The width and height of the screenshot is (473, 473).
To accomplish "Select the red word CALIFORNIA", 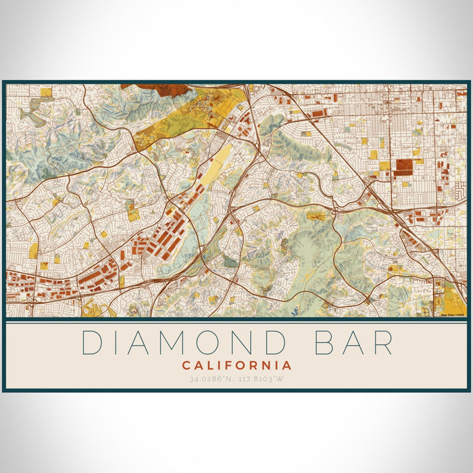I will (x=236, y=366).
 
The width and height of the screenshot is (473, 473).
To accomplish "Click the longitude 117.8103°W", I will (x=262, y=378).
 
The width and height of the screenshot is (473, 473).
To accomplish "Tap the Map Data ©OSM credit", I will (x=453, y=314).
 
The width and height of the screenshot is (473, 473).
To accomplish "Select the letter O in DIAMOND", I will (x=207, y=343).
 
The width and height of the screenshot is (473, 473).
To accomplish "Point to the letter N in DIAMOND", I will (x=242, y=343).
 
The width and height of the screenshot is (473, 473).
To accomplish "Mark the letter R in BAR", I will (x=382, y=343).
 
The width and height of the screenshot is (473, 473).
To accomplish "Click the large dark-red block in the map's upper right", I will (x=404, y=167).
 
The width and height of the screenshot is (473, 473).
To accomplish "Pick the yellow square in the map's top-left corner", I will (x=46, y=92).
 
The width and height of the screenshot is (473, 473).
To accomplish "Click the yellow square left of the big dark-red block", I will (x=384, y=166).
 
